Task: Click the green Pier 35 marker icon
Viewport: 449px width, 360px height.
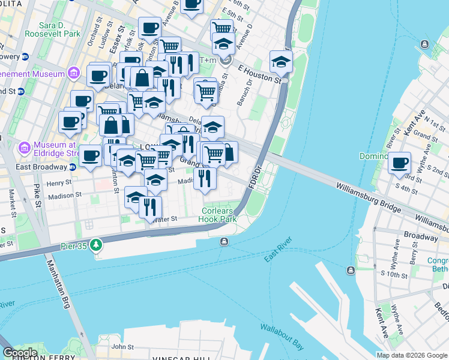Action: pos(97,245)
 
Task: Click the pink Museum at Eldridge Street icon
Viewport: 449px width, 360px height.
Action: pos(25,147)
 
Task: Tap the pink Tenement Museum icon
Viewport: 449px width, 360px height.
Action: pos(74,74)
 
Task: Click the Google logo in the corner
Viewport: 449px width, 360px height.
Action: pos(19,353)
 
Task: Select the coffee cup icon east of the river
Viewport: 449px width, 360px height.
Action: pos(399,163)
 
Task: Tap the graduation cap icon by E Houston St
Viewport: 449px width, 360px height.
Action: pos(280,61)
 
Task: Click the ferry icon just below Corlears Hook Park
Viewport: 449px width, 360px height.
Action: pos(224,241)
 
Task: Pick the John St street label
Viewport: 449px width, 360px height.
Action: pos(122,346)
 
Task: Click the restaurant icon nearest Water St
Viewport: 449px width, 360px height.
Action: pos(150,207)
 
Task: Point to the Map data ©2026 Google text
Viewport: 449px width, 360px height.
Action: pos(411,355)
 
